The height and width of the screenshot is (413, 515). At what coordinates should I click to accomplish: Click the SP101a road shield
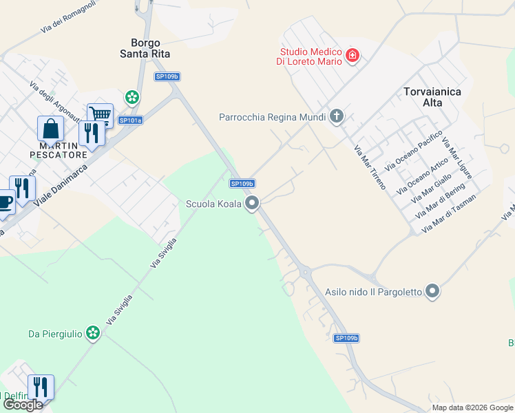tap(130, 120)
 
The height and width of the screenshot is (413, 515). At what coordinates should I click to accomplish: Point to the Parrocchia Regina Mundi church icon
tap(337, 116)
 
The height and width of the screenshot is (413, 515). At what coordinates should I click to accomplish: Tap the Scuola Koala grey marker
tap(253, 203)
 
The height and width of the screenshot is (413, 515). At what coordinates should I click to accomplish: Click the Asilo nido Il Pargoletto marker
tap(432, 292)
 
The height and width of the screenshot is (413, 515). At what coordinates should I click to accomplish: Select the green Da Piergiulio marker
tap(93, 334)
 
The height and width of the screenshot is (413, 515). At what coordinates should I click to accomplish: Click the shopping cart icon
tap(101, 114)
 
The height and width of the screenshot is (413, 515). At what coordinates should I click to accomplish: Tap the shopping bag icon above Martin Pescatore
tap(50, 128)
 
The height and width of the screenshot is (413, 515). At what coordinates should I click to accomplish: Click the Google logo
tap(23, 405)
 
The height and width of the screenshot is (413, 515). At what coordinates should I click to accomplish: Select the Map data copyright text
tap(472, 407)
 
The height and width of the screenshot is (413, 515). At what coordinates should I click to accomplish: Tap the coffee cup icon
tap(4, 202)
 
